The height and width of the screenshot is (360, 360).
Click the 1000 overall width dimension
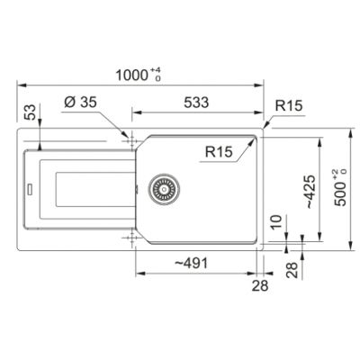pyautogui.click(x=131, y=75)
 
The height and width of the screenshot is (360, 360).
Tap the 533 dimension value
pyautogui.click(x=196, y=103)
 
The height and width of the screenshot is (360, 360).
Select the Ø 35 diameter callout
pyautogui.click(x=80, y=103)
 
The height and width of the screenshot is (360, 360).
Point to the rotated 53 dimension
pyautogui.click(x=31, y=112)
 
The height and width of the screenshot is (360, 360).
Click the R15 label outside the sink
pyautogui.click(x=289, y=105)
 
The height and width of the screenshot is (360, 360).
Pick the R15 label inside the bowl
pyautogui.click(x=219, y=152)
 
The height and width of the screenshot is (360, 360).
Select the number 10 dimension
pyautogui.click(x=276, y=222)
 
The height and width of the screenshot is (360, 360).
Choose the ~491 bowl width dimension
pyautogui.click(x=191, y=264)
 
